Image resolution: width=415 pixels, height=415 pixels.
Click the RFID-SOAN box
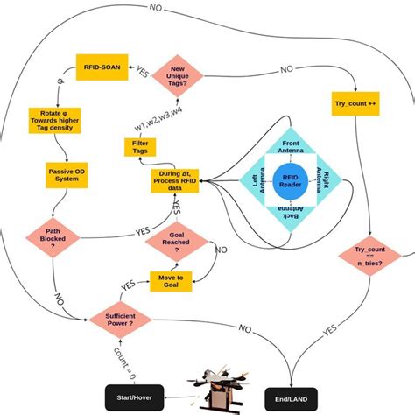[x=103, y=67]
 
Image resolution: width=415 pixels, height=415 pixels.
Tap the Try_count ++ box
[x=355, y=103]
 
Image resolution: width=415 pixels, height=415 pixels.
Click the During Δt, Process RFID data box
[x=174, y=180]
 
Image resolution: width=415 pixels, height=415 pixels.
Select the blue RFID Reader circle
[x=290, y=179]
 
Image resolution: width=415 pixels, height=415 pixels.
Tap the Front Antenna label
[x=290, y=147]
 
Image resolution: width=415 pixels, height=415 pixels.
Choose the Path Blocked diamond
[x=52, y=239]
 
